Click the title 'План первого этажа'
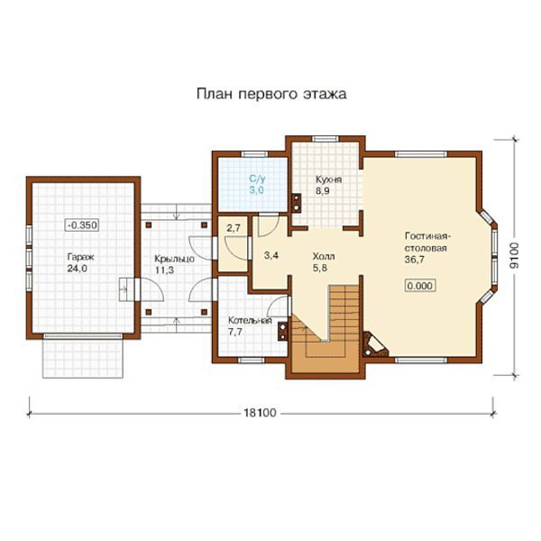(271, 94)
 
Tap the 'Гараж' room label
(80, 257)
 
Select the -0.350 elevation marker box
(82, 225)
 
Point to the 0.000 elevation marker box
(419, 286)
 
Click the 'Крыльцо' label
(174, 259)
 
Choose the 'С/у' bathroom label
(257, 179)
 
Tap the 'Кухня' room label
(329, 179)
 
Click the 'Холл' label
(324, 256)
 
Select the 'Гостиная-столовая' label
(426, 243)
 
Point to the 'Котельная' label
(250, 320)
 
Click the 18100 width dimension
(261, 413)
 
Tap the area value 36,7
(415, 260)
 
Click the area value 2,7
(234, 228)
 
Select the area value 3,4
(271, 256)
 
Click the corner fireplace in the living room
(373, 345)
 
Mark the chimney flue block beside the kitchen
(296, 203)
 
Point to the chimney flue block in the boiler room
(283, 331)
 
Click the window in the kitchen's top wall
(326, 139)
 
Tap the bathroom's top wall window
(254, 154)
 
